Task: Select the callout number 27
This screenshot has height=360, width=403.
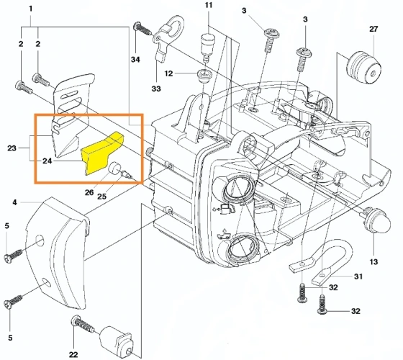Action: click(x=373, y=29)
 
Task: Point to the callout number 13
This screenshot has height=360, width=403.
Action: click(x=373, y=262)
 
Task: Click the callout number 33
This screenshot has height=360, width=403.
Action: click(x=156, y=89)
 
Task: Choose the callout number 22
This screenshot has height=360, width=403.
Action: click(x=73, y=354)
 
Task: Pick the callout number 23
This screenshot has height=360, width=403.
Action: click(x=12, y=148)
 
